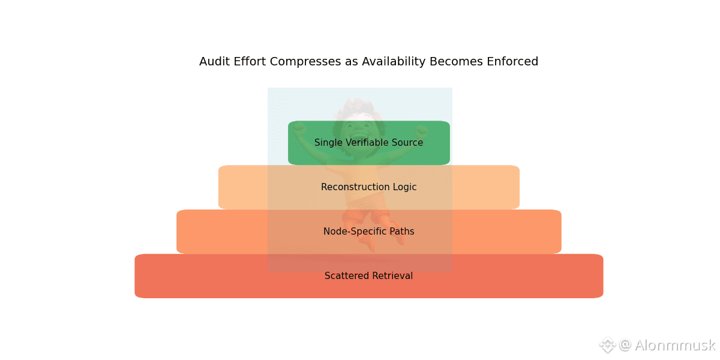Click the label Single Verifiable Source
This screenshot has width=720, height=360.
[x=368, y=143]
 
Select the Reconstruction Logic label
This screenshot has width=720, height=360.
[x=368, y=187]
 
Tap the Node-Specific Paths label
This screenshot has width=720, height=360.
[x=368, y=232]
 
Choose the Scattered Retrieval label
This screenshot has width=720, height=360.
[x=368, y=276]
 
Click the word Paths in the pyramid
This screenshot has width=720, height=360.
[x=401, y=232]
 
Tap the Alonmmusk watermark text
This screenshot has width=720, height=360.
[x=674, y=346]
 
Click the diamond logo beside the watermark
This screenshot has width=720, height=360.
[x=607, y=345]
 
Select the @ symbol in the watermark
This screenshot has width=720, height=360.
[x=625, y=346]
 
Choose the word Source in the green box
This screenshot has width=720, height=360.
[x=408, y=143]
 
